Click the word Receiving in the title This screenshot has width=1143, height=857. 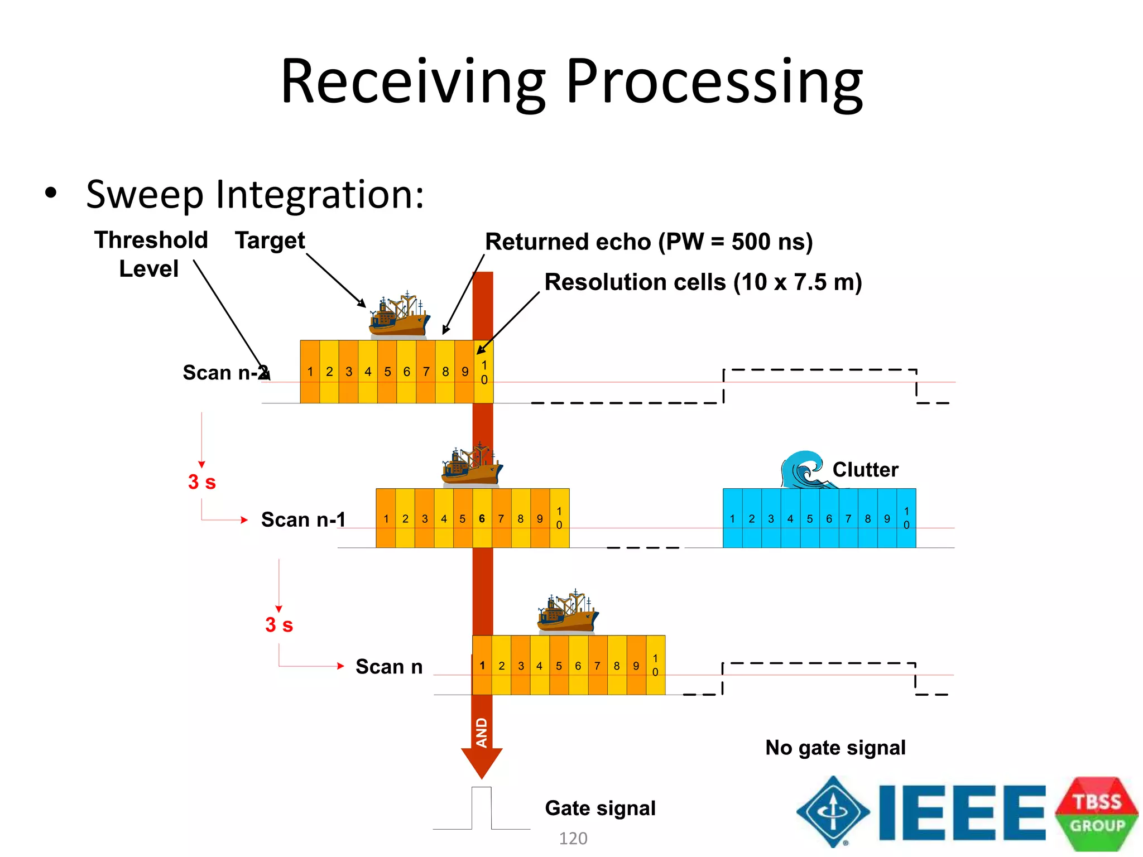413,83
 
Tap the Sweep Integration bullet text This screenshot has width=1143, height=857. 255,195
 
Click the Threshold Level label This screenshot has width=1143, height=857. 151,254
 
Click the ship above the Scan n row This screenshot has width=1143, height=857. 568,612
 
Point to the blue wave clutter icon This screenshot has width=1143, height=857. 803,469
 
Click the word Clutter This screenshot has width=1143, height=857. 865,470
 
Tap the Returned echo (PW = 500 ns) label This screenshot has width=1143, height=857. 649,242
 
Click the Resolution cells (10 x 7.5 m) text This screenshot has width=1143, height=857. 703,282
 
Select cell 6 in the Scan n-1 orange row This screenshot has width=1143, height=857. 482,519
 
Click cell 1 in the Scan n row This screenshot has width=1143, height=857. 482,666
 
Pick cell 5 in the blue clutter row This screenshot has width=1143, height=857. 809,519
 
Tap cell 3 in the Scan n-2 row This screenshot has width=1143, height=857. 349,372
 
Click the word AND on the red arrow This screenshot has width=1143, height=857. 482,733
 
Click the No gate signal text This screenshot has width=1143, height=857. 835,748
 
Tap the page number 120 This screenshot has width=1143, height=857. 573,838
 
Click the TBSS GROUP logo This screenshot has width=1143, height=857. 1097,813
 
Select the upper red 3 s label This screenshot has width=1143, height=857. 202,482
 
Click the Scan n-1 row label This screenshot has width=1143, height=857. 303,519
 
